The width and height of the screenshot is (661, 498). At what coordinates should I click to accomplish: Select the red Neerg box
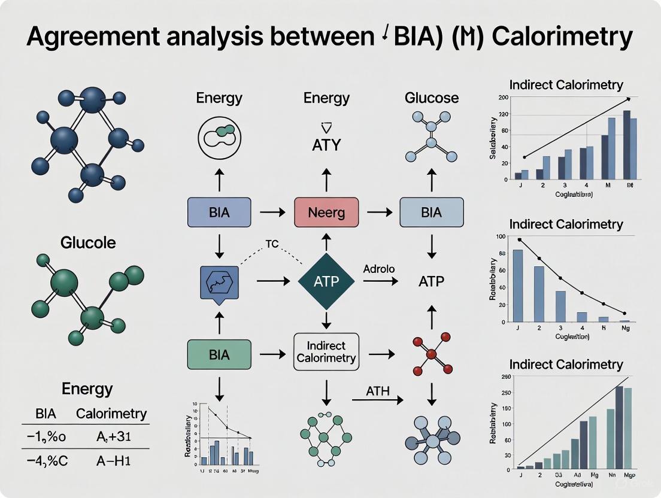tap(326, 212)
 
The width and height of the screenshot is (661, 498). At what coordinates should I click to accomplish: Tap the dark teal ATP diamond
tap(326, 280)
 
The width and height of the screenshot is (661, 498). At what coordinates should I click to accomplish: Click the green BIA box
tap(219, 354)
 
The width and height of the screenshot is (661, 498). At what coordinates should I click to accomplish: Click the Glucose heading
tap(432, 98)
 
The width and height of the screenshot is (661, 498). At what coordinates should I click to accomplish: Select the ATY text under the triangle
tap(326, 145)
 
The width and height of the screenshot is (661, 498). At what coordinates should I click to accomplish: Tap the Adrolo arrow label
tap(378, 269)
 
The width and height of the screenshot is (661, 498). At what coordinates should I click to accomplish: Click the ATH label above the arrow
tap(377, 391)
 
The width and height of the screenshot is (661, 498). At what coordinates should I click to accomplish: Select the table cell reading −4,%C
tap(46, 461)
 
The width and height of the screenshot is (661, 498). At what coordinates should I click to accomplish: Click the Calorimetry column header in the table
tap(111, 413)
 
